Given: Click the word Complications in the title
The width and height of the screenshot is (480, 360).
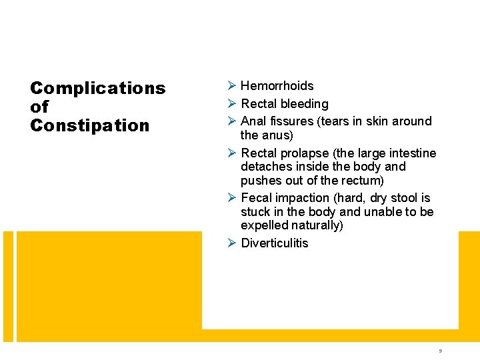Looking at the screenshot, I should tap(98, 88).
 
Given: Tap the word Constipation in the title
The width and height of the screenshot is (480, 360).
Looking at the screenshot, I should tap(90, 125).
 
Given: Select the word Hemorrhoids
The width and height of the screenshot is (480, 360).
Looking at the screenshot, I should tap(277, 86).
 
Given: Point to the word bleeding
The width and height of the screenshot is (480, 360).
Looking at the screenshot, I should tap(304, 104).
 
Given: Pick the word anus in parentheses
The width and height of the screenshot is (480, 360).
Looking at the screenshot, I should tap(277, 135).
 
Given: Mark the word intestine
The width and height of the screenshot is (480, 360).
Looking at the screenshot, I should tap(413, 153).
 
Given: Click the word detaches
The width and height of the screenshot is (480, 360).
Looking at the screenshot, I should tap(265, 167).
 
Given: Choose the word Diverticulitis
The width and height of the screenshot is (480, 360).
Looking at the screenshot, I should tap(274, 243).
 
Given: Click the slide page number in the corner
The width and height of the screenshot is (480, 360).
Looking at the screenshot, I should tap(440, 350).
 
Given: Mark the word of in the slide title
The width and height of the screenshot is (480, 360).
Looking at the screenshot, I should tap(39, 107).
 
